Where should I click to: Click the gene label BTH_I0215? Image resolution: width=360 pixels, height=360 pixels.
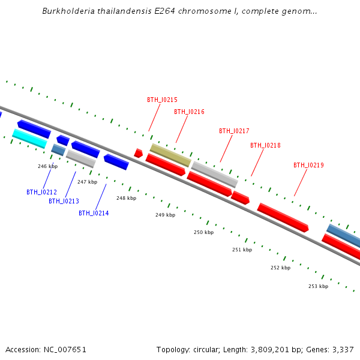pyautogui.click(x=162, y=100)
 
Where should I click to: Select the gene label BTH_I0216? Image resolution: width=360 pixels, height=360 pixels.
pyautogui.click(x=189, y=112)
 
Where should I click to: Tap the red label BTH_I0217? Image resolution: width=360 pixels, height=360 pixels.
pyautogui.click(x=234, y=131)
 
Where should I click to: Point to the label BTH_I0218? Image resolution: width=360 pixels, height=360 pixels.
pyautogui.click(x=265, y=145)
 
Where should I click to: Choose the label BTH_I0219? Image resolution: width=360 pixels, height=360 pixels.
pyautogui.click(x=308, y=165)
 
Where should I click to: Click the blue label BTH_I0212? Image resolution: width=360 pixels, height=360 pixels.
pyautogui.click(x=41, y=192)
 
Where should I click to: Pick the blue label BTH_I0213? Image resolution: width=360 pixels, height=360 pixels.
pyautogui.click(x=64, y=201)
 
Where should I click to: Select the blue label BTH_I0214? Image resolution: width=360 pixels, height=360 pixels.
pyautogui.click(x=94, y=213)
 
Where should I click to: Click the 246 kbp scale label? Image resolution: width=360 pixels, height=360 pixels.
pyautogui.click(x=47, y=166)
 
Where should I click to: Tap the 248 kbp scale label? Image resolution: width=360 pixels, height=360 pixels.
pyautogui.click(x=126, y=198)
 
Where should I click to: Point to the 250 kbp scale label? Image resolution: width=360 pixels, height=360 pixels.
pyautogui.click(x=203, y=232)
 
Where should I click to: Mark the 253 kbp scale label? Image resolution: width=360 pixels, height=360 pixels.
pyautogui.click(x=318, y=286)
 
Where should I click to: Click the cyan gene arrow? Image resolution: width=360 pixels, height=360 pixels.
pyautogui.click(x=29, y=139)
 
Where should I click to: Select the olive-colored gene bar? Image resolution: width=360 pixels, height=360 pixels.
pyautogui.click(x=170, y=155)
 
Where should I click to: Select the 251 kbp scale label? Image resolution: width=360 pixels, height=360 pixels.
pyautogui.click(x=242, y=250)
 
